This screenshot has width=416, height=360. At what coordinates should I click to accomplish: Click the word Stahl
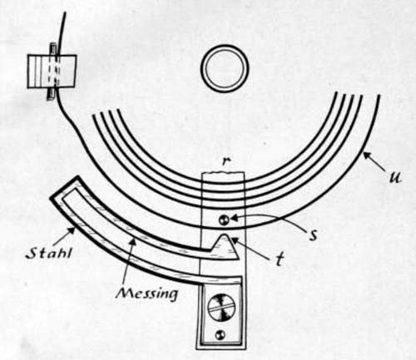click(48, 253)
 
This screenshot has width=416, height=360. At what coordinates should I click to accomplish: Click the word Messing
click(147, 293)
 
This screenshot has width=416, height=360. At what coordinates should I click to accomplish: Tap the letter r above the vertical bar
click(226, 162)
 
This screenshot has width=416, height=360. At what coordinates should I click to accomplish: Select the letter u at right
click(394, 178)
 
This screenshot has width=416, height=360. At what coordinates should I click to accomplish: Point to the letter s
click(313, 235)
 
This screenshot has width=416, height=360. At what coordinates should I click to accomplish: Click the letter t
click(280, 259)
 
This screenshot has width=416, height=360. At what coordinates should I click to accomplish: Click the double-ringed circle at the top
click(225, 69)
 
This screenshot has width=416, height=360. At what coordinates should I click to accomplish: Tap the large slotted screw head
click(222, 308)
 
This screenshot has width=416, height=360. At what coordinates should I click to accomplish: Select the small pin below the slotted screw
click(221, 335)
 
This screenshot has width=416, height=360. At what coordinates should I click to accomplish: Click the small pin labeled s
click(224, 220)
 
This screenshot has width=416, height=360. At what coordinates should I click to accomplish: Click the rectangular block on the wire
click(52, 72)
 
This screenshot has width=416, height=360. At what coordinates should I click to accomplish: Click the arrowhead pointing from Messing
click(133, 243)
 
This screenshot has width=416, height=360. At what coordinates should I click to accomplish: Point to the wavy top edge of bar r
click(223, 173)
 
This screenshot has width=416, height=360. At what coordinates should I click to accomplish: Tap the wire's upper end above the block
click(65, 12)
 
